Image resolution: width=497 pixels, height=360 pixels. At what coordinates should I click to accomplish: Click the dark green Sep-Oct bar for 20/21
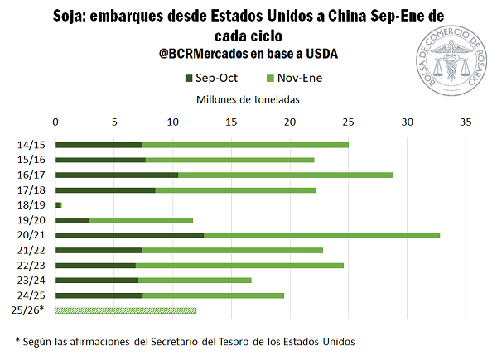[x=129, y=235]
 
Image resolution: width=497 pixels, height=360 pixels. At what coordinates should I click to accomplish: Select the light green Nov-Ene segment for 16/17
[x=285, y=175]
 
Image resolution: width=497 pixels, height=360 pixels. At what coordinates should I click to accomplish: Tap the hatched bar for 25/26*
[x=126, y=310]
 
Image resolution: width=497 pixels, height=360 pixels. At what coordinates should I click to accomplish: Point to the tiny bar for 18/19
[x=58, y=204]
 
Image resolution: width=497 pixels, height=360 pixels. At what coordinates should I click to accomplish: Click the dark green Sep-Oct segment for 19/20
[x=72, y=220]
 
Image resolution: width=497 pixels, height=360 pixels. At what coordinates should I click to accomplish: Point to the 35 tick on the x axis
[x=466, y=122]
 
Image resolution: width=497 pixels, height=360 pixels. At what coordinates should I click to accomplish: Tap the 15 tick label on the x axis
[x=231, y=122]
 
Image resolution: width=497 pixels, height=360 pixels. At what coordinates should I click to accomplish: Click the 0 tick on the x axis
[x=55, y=122]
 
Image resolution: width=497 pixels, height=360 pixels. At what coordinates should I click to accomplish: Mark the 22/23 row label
[x=31, y=266]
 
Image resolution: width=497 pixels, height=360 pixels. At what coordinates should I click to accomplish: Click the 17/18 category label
[x=31, y=190]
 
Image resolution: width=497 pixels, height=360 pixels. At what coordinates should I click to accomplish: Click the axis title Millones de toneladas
[x=248, y=99]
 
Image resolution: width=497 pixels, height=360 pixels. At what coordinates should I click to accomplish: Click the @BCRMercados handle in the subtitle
[x=206, y=54]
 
